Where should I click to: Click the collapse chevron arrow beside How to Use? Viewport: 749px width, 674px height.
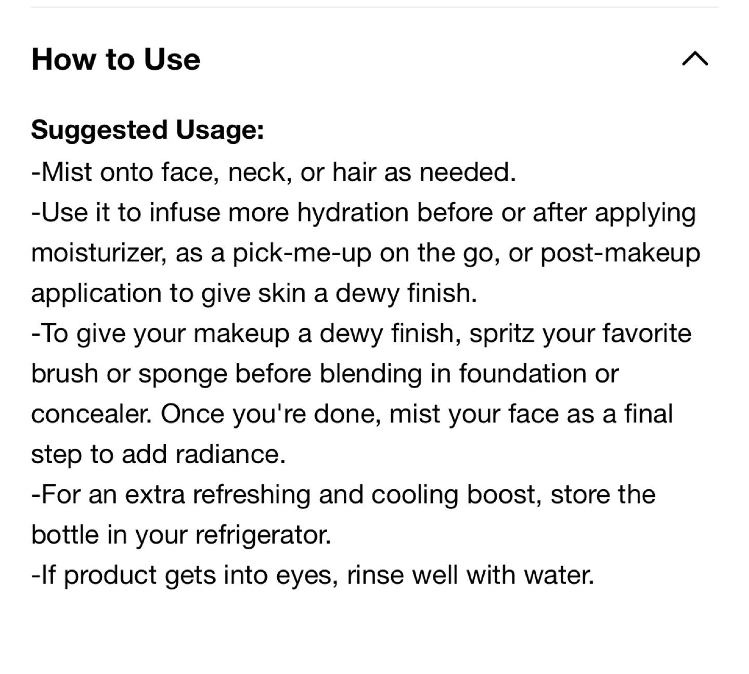pos(695,59)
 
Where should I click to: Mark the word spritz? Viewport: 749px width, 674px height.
pos(502,334)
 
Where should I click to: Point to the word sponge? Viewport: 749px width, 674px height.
pos(183,375)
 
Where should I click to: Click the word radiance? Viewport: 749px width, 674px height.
pos(230,455)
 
